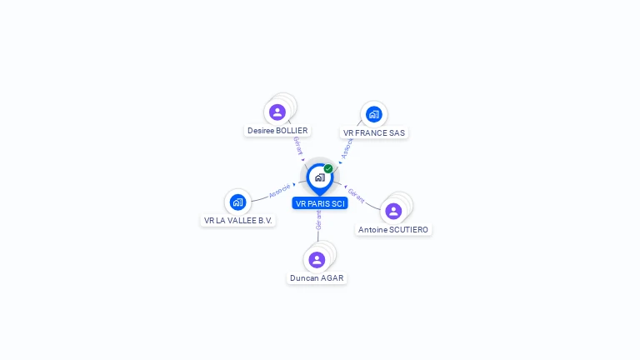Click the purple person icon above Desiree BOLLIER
277,112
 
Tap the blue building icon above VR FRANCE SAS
373,114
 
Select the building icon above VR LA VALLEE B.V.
237,202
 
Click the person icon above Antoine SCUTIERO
393,211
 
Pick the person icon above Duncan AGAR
317,260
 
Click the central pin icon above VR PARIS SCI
319,177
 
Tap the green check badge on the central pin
328,169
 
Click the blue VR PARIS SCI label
320,203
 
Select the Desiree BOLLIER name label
277,131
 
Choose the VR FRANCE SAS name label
374,132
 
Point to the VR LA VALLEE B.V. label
238,221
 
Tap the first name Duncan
304,278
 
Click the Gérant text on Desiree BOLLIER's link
297,146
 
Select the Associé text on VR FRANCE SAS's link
347,147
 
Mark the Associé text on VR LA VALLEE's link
280,192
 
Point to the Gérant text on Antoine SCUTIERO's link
356,196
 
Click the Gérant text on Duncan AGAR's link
318,220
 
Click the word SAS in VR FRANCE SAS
396,132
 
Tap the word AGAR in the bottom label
332,278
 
